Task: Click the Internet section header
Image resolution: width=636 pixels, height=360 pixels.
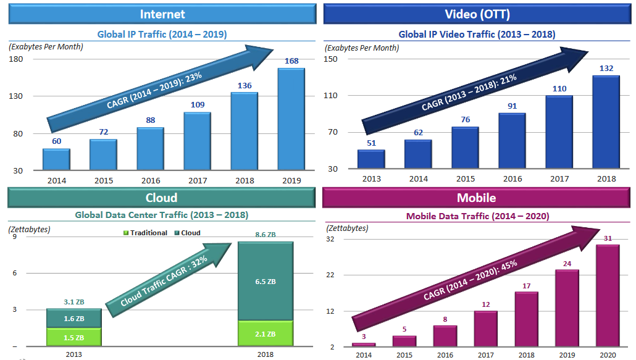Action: coord(162,14)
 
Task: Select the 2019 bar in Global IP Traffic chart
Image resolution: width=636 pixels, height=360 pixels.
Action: coord(291,119)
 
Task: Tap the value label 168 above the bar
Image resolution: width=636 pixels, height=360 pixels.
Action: coord(291,61)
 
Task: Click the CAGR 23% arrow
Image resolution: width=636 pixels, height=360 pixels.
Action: coord(161,86)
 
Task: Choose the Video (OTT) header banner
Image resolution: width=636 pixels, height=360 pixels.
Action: coord(477,14)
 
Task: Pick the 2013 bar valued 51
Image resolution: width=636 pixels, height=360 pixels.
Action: coord(370,159)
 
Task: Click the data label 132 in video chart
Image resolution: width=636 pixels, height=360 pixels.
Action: coord(605,69)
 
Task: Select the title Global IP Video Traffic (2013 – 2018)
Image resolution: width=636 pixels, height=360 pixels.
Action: coord(477,35)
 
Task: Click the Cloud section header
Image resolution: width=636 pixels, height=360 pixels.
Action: coord(162,198)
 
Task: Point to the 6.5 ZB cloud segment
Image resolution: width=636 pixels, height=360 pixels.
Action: coord(266,282)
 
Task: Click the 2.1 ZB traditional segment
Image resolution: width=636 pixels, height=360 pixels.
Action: coord(266,333)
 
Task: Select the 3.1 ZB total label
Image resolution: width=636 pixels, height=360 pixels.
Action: coord(73,302)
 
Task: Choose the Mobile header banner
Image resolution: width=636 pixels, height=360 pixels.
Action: coord(477,198)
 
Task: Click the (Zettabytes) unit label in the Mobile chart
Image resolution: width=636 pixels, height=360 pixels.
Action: coord(347,228)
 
